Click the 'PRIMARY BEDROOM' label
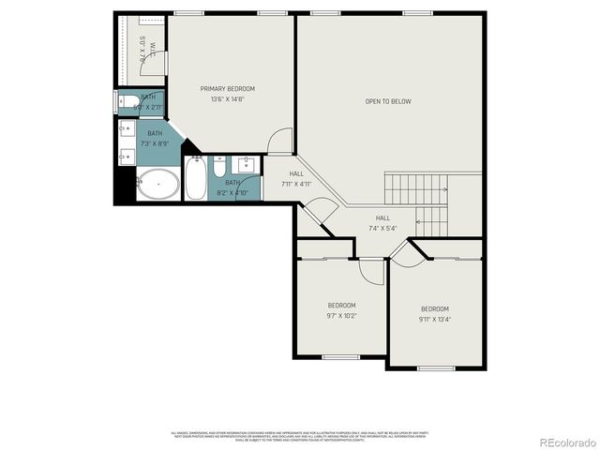(x=227, y=89)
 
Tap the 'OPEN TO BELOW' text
(x=388, y=101)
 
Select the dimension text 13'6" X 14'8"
(x=227, y=99)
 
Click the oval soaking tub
(x=157, y=186)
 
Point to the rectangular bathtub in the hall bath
(x=195, y=178)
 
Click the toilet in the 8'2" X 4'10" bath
(x=217, y=169)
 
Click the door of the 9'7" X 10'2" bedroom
(x=372, y=270)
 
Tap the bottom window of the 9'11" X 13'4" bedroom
(x=435, y=367)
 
